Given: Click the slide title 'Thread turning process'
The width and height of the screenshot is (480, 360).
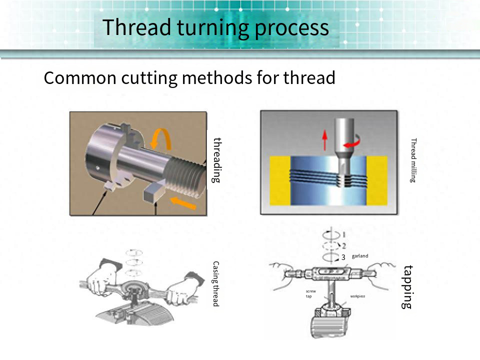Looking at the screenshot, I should coord(216,27).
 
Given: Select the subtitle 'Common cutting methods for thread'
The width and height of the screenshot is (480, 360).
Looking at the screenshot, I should coord(189,78).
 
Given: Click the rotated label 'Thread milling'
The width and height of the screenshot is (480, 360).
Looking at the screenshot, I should coord(413,160).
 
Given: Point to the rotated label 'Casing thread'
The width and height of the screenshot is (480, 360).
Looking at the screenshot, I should coord(216,283).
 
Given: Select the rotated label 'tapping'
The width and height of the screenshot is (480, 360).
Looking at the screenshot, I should coord(408,286).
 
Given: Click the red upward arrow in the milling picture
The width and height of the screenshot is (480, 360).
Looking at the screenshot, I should coord(325,139).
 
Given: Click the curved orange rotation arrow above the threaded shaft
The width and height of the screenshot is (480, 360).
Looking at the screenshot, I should coord(161,138).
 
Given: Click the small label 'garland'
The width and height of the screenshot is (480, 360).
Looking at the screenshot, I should coord(360,256).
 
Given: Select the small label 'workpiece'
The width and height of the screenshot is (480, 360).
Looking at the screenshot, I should coord(357,296).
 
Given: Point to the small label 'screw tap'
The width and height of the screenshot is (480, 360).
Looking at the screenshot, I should coord(310,293).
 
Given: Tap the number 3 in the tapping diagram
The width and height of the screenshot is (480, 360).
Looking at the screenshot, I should coord(343,257).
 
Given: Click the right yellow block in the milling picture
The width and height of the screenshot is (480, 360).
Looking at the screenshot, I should coord(377,180).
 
